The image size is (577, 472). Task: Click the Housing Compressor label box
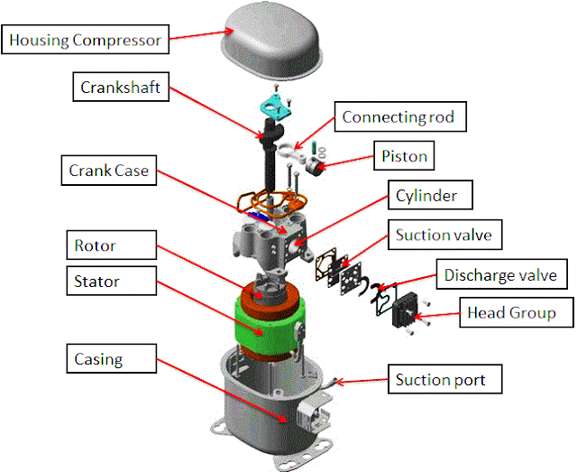pyautogui.click(x=86, y=40)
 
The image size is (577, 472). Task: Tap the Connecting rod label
pyautogui.click(x=401, y=117)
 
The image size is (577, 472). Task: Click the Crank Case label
pyautogui.click(x=109, y=170)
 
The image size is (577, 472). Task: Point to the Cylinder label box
pyautogui.click(x=426, y=196)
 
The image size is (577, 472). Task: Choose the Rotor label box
pyautogui.click(x=96, y=245)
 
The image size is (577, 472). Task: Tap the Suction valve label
pyautogui.click(x=444, y=236)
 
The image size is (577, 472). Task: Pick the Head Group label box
pyautogui.click(x=509, y=314)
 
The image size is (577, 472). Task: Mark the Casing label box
pyautogui.click(x=98, y=359)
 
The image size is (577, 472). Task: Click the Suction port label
pyautogui.click(x=441, y=379)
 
